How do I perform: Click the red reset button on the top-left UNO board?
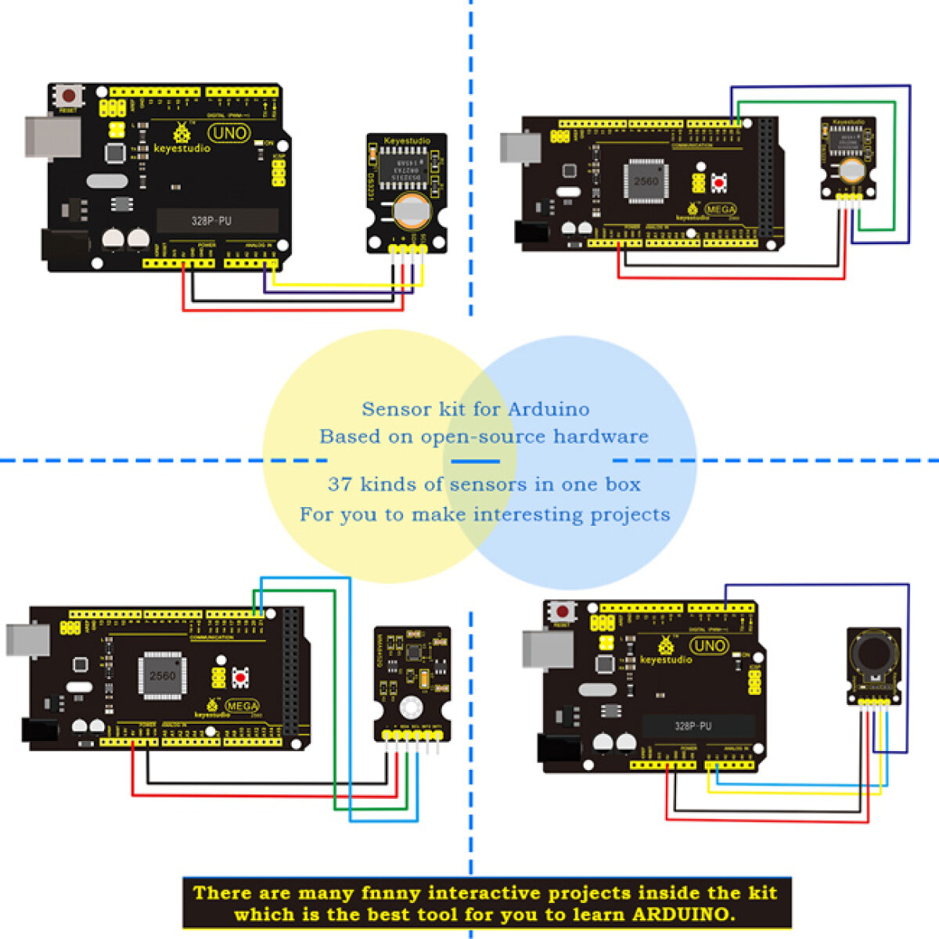click(69, 96)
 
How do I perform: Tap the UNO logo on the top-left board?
click(228, 133)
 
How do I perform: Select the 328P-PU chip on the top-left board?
click(211, 221)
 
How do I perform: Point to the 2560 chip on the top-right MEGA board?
click(646, 181)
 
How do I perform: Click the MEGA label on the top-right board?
click(721, 210)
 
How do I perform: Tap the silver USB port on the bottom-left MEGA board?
click(28, 639)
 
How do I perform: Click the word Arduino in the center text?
click(549, 409)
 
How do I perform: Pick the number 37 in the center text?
click(340, 484)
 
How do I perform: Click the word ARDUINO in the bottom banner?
click(682, 914)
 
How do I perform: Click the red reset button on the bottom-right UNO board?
click(562, 610)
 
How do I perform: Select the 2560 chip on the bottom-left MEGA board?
click(162, 675)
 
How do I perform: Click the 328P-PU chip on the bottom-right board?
click(693, 726)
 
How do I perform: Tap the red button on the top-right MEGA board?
click(719, 182)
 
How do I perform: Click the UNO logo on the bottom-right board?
click(709, 646)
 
